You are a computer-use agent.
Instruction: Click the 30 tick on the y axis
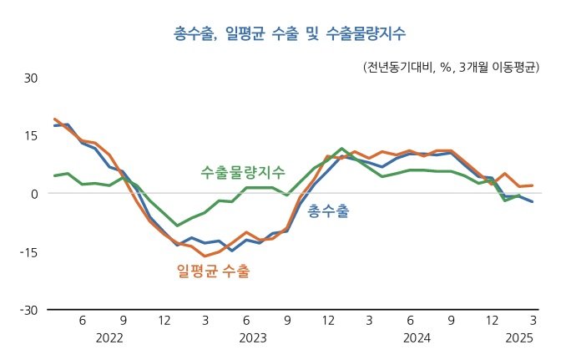[31, 79]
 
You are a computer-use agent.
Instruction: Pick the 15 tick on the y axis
[31, 136]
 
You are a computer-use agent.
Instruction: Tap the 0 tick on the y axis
[34, 194]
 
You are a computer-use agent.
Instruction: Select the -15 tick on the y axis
[29, 252]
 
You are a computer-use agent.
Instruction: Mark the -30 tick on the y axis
[29, 310]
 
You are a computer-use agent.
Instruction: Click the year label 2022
[109, 338]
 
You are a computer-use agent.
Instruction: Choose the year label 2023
[253, 338]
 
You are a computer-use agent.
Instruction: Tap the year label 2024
[417, 338]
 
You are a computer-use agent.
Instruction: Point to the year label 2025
[519, 338]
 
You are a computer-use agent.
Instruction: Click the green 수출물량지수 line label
[243, 173]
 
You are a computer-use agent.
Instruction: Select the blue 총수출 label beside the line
[328, 211]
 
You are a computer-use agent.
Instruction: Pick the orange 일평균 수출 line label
[213, 271]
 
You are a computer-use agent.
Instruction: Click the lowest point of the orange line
[205, 256]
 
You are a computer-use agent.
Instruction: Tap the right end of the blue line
[533, 201]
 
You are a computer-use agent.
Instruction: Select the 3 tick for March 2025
[533, 320]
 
